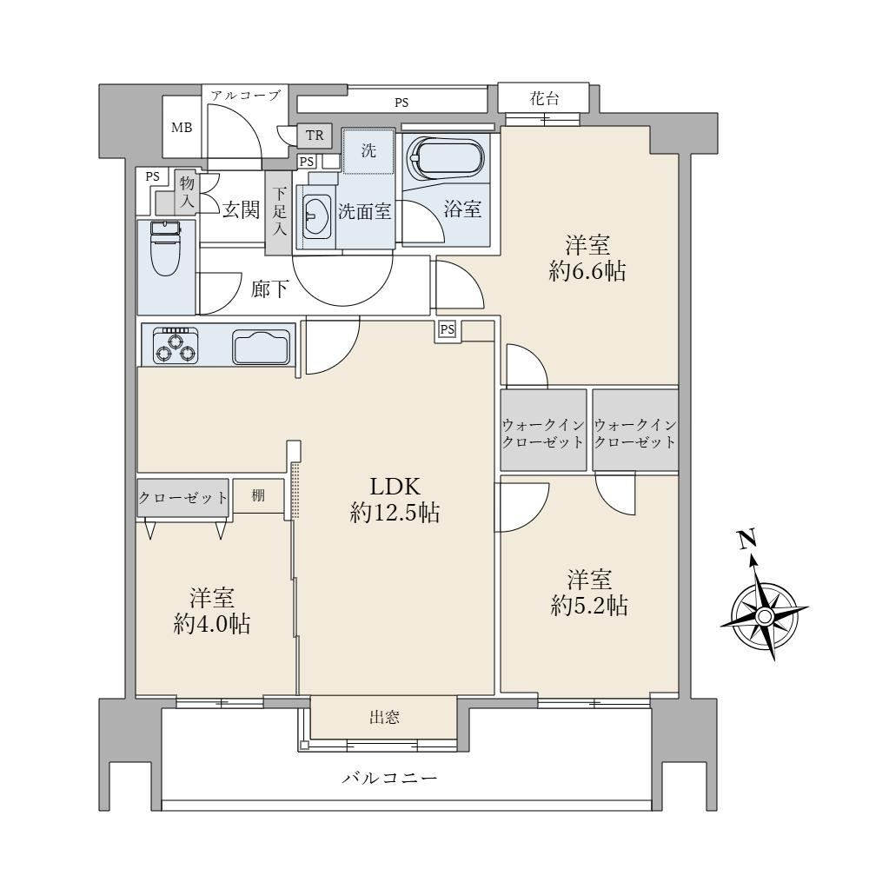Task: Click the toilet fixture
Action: tap(166, 249)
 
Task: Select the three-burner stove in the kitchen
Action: tap(176, 345)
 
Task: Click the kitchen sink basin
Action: tap(262, 347)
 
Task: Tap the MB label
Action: tap(182, 128)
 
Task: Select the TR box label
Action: tap(315, 136)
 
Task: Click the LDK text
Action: tap(395, 487)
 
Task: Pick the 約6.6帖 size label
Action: tap(587, 271)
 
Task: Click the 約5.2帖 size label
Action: tap(589, 606)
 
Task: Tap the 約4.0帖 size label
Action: tap(212, 625)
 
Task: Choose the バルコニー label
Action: tap(389, 778)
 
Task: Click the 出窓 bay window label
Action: tap(384, 718)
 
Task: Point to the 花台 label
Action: tap(544, 99)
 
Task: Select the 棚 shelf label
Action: tap(258, 495)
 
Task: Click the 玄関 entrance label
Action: tap(241, 209)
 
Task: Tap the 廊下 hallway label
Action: tap(269, 289)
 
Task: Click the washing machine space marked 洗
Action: tap(368, 150)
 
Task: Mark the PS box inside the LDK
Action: tap(448, 329)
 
